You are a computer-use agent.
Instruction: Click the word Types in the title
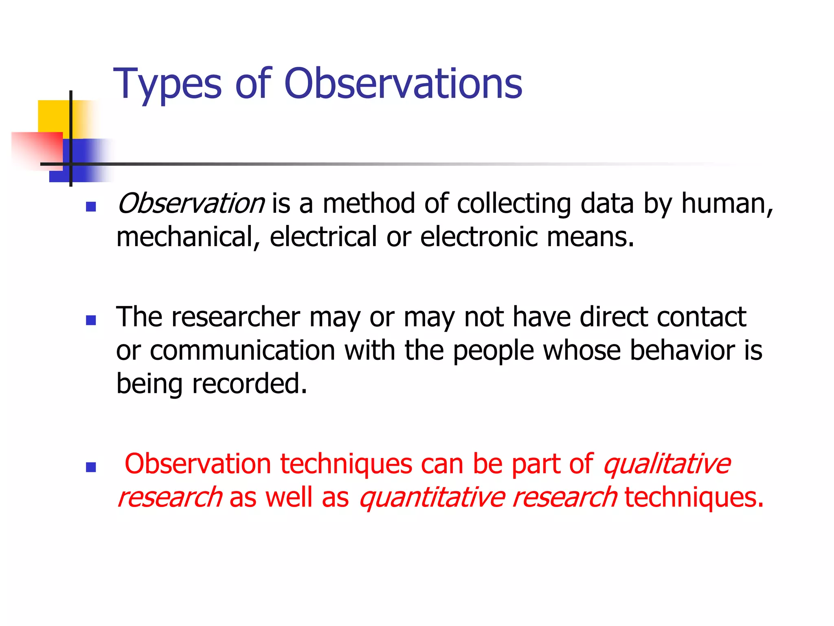(x=167, y=84)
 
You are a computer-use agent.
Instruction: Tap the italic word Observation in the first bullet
(x=191, y=203)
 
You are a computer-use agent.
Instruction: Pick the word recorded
(x=249, y=384)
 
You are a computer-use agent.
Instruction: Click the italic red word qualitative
(x=667, y=464)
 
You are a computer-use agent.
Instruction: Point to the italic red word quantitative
(x=432, y=497)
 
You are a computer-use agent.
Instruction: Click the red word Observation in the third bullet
(x=198, y=464)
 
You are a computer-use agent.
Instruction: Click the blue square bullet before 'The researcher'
(x=91, y=320)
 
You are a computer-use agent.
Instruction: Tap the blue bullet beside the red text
(x=91, y=467)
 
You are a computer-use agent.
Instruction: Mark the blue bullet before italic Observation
(x=91, y=207)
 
